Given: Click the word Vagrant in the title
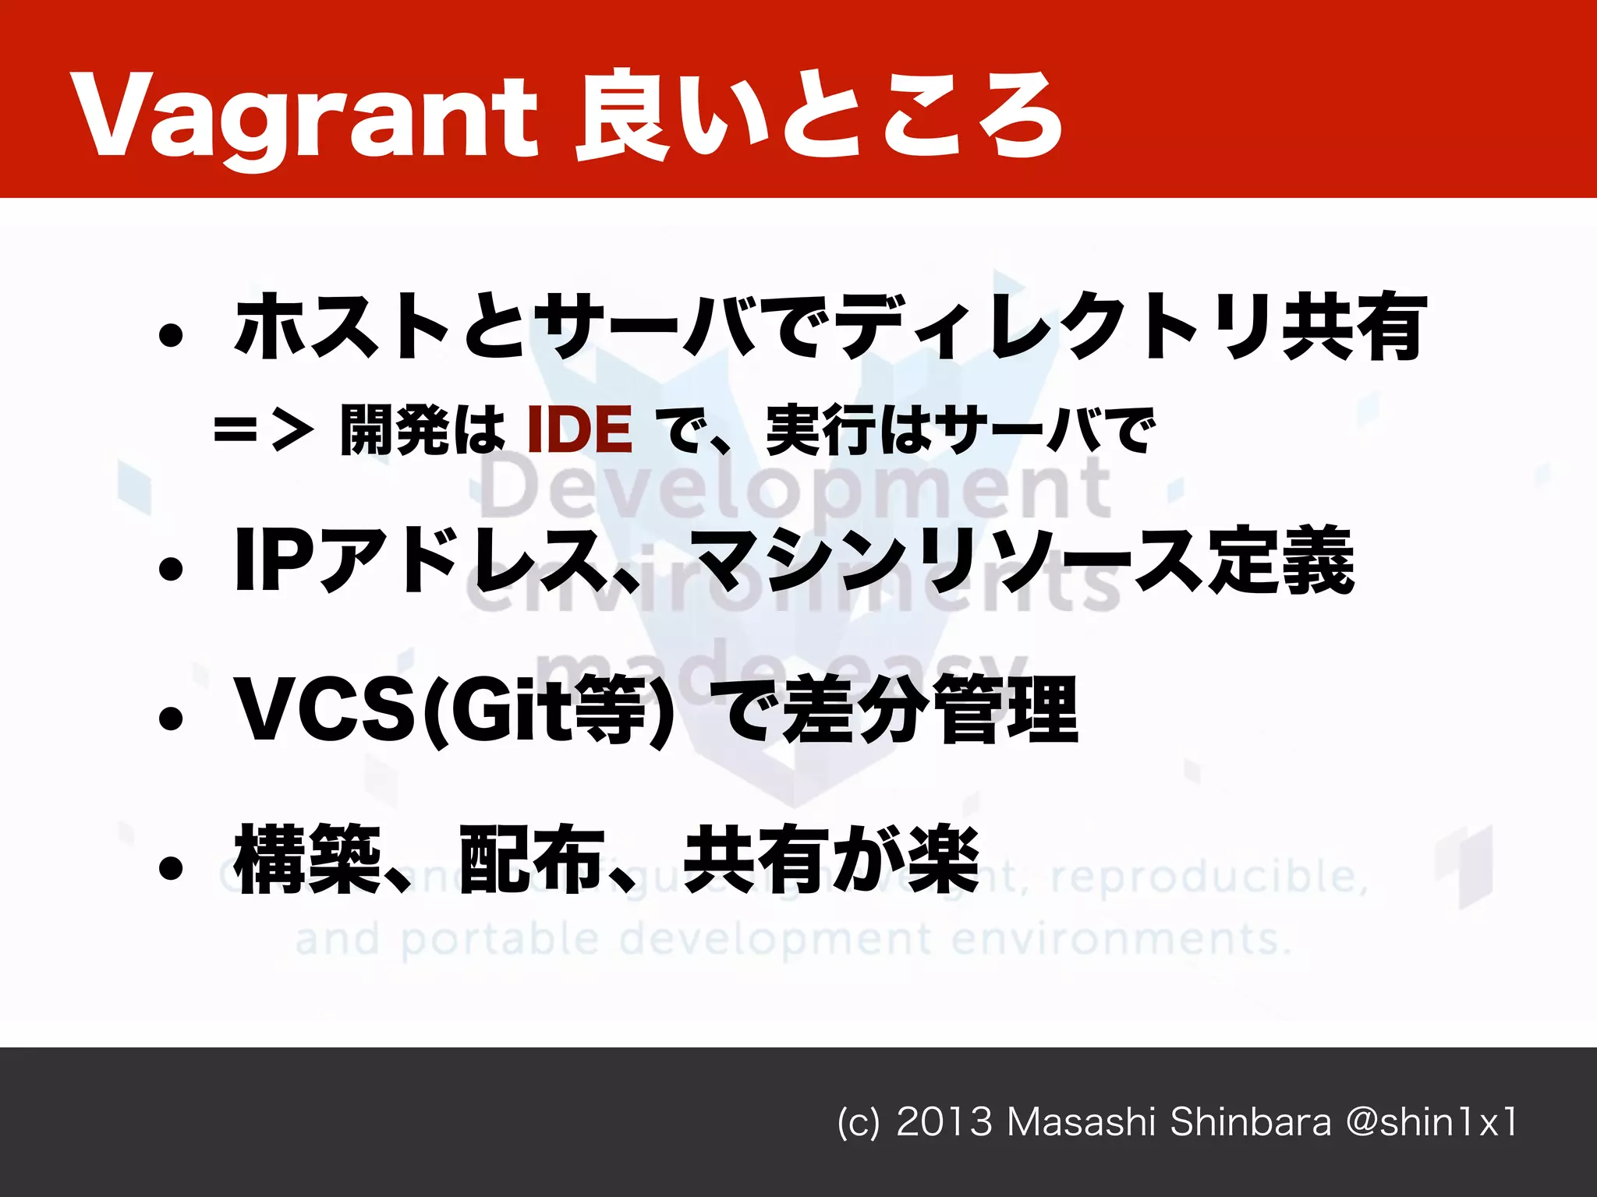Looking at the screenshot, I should tap(304, 117).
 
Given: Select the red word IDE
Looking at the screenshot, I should tap(579, 429).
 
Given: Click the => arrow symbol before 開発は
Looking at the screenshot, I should tap(264, 429).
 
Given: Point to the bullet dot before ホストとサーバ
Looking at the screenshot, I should tap(170, 335).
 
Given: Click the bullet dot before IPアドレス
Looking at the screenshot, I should tap(170, 569).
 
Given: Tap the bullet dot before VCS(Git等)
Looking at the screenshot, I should tap(170, 719).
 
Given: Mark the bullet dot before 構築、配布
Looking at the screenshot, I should tap(170, 867).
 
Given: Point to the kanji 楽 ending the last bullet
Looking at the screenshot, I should tap(944, 859).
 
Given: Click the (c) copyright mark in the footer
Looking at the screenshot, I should tap(858, 1123).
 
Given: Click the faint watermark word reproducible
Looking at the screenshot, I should tap(1209, 877).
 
